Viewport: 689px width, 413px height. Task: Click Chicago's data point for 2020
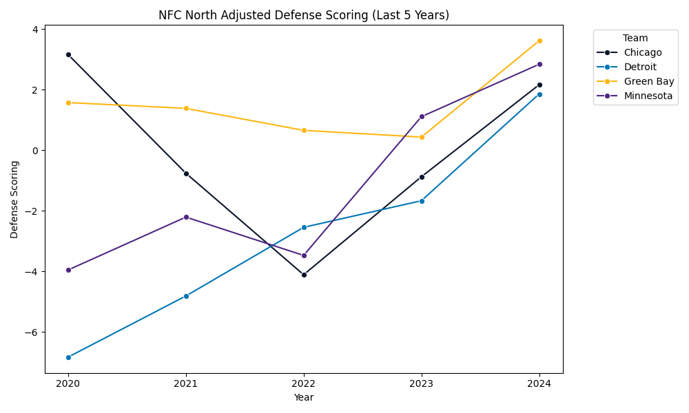pyautogui.click(x=68, y=54)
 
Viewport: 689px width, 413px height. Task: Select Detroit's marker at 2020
pyautogui.click(x=68, y=357)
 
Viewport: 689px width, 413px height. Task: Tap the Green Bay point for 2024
pyautogui.click(x=539, y=41)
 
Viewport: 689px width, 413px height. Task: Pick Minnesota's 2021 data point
pyautogui.click(x=186, y=217)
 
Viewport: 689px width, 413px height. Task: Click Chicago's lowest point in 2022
pyautogui.click(x=304, y=275)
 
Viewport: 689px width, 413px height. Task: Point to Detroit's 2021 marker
pyautogui.click(x=186, y=296)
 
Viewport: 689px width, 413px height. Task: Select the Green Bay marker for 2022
pyautogui.click(x=304, y=130)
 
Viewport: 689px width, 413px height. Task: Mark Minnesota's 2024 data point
pyautogui.click(x=539, y=64)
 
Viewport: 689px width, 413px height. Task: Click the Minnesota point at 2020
pyautogui.click(x=68, y=270)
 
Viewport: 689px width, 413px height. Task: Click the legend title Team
pyautogui.click(x=635, y=39)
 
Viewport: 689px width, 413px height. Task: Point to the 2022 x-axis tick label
pyautogui.click(x=304, y=383)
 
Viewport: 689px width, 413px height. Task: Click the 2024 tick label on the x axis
pyautogui.click(x=539, y=383)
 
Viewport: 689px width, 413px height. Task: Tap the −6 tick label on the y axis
pyautogui.click(x=31, y=332)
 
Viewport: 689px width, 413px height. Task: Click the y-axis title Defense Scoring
pyautogui.click(x=14, y=199)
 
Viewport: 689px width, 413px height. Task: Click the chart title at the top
pyautogui.click(x=304, y=15)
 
